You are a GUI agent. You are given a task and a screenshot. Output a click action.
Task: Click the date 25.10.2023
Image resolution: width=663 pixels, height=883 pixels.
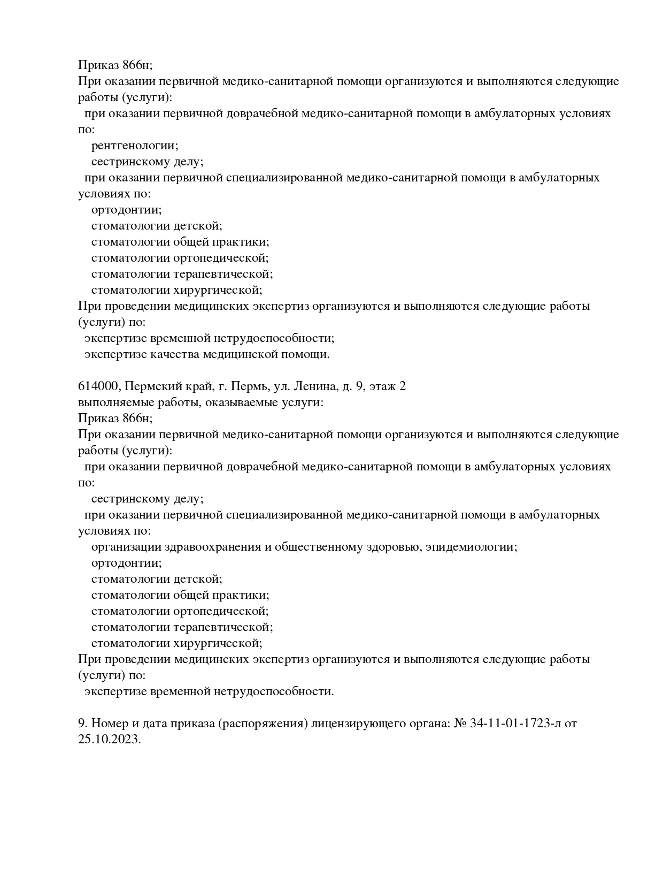[109, 740]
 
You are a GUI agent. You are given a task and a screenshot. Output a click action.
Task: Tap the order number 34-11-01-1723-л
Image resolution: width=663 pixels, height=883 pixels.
[515, 724]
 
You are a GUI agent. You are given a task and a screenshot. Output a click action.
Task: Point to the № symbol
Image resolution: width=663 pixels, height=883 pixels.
[460, 724]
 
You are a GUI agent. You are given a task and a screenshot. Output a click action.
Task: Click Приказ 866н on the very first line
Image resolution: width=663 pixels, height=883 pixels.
[115, 65]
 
